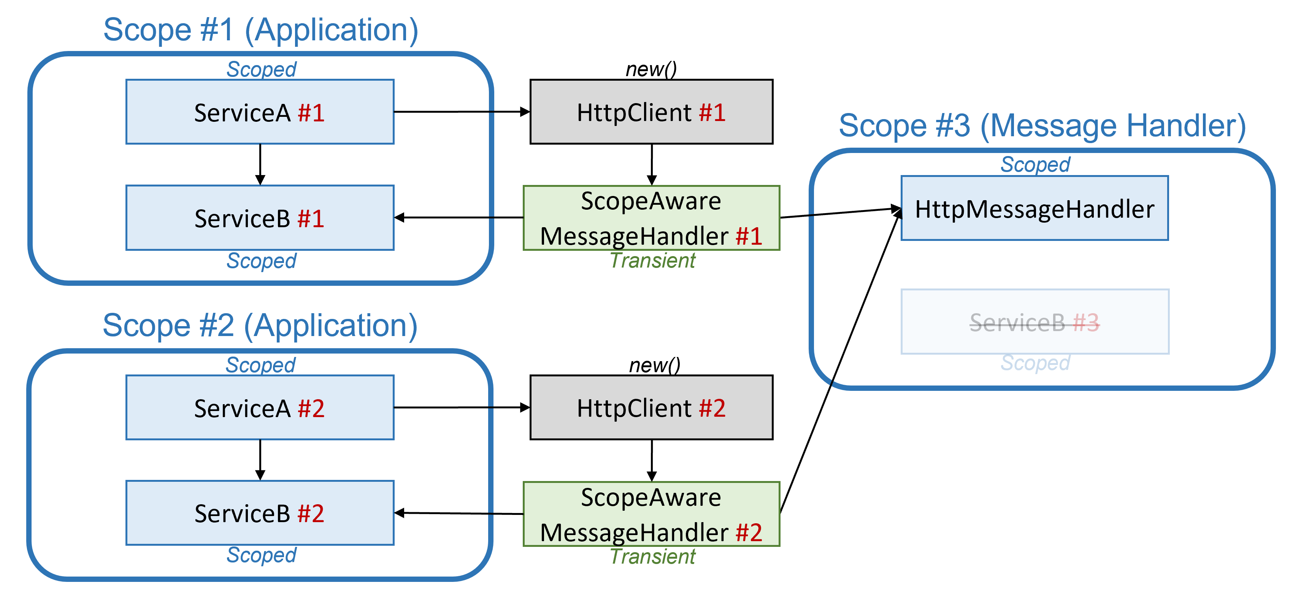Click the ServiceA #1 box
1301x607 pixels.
[260, 112]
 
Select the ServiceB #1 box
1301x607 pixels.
[260, 218]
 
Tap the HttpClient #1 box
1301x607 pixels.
[651, 112]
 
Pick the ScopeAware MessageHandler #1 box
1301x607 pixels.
[651, 218]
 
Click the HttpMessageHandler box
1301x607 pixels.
[1034, 208]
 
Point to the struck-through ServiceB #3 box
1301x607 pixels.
[1034, 322]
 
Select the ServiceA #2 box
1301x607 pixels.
[260, 407]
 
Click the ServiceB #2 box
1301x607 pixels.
[260, 513]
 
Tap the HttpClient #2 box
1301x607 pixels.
[651, 407]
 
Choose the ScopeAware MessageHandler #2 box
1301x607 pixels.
[651, 514]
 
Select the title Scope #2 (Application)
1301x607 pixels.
[260, 325]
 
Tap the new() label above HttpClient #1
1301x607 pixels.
[651, 69]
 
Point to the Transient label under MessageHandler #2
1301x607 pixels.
[652, 556]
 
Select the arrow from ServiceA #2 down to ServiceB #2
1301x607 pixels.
[260, 459]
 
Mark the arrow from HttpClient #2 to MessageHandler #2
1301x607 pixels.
[652, 460]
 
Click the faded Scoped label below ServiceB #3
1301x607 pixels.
[1035, 363]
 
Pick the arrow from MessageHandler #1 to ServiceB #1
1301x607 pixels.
[459, 218]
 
